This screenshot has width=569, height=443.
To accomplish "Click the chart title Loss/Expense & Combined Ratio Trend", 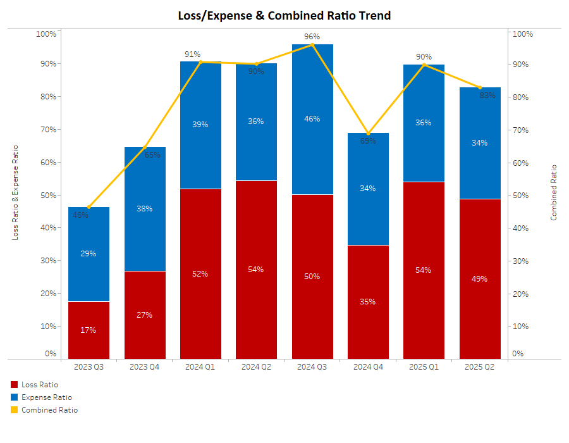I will pyautogui.click(x=284, y=15).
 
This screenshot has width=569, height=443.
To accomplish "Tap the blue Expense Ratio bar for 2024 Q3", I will pyautogui.click(x=312, y=119).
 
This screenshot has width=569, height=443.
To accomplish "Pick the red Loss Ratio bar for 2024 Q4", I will pyautogui.click(x=369, y=302).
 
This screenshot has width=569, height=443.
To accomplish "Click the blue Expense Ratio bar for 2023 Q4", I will pyautogui.click(x=145, y=209).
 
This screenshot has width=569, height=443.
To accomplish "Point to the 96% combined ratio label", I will pyautogui.click(x=312, y=37).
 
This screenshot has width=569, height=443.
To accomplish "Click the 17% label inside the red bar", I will pyautogui.click(x=89, y=330).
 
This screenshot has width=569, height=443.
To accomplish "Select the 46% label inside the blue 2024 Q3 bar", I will pyautogui.click(x=312, y=119).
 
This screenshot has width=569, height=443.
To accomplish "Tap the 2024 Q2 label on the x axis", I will pyautogui.click(x=256, y=367).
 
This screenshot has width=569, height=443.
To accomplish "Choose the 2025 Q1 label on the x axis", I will pyautogui.click(x=424, y=367).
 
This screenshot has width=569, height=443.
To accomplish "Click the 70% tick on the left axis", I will pyautogui.click(x=48, y=129).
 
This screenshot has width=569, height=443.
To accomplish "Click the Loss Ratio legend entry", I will pyautogui.click(x=39, y=384).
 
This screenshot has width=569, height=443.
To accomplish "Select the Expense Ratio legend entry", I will pyautogui.click(x=46, y=397).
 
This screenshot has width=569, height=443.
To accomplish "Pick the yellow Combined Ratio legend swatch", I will pyautogui.click(x=15, y=410).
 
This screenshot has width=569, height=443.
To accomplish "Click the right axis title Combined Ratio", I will pyautogui.click(x=554, y=192).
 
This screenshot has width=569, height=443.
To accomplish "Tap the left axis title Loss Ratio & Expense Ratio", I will pyautogui.click(x=15, y=192).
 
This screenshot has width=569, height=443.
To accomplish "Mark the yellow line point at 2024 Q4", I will pyautogui.click(x=369, y=133).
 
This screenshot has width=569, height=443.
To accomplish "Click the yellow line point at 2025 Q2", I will pyautogui.click(x=480, y=87).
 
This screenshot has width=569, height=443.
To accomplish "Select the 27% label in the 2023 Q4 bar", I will pyautogui.click(x=145, y=315).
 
